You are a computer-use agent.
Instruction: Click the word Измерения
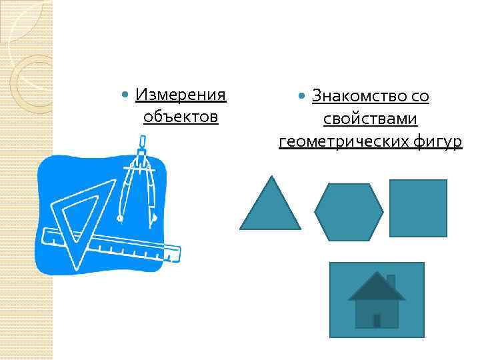tap(181, 95)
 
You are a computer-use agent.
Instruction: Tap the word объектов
tap(181, 117)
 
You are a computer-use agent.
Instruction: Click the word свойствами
tap(370, 119)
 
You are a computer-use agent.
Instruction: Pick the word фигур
tap(437, 141)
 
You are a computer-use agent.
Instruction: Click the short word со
tap(420, 96)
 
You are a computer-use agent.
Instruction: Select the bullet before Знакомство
tap(303, 97)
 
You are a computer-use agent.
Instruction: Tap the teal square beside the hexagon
tap(418, 208)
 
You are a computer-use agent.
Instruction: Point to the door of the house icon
tap(377, 321)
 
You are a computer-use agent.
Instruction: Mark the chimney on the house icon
tap(391, 281)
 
